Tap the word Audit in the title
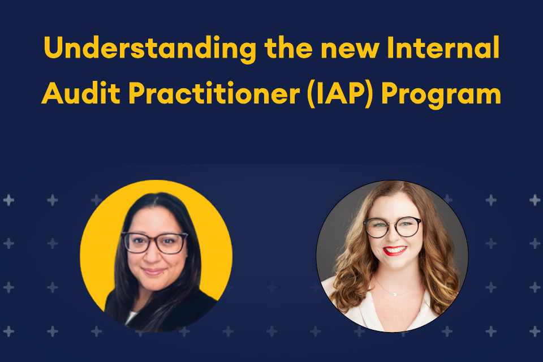(x=81, y=93)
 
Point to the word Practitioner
(x=214, y=93)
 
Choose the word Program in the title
(x=441, y=94)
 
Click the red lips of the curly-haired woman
(x=395, y=251)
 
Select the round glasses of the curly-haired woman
(x=393, y=227)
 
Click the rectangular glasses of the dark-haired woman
(x=154, y=243)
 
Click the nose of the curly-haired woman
(x=393, y=237)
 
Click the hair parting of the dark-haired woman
(x=156, y=201)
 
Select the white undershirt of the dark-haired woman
(x=131, y=317)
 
